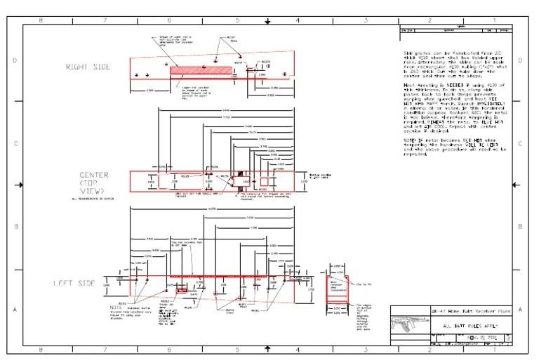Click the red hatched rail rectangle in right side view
coord(199,70)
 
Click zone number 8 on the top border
coord(40,20)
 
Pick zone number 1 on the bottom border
coord(494,349)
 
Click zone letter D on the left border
coord(16,60)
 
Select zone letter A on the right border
coord(520,309)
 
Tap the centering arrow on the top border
coord(267,22)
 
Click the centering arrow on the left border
coord(20,185)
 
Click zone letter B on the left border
coord(16,226)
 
